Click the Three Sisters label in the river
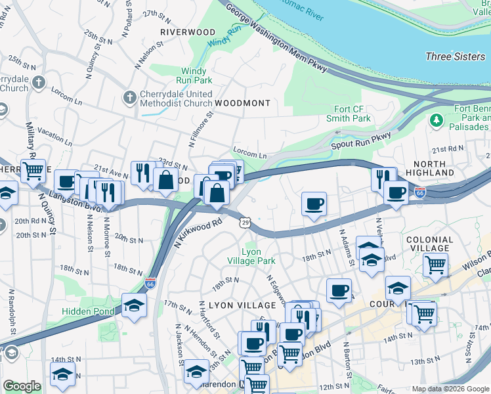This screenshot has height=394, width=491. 455,56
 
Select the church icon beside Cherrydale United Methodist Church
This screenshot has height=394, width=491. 129,98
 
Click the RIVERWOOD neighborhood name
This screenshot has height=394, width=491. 188,32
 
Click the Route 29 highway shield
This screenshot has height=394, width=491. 244,224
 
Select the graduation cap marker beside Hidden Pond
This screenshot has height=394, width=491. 134,305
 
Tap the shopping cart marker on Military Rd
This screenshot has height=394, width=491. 33,171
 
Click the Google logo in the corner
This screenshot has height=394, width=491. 22,385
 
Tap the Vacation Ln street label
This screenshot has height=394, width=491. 54,136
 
